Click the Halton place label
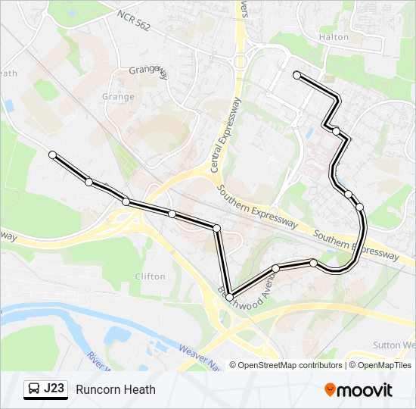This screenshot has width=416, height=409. tap(334, 36)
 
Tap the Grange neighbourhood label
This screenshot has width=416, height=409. tap(118, 97)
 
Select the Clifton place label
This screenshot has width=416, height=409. tap(149, 276)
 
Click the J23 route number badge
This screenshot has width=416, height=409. tap(54, 389)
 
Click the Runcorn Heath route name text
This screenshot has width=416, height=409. tap(116, 389)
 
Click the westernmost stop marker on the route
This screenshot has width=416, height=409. tap(52, 155)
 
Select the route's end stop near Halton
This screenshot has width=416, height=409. tap(296, 75)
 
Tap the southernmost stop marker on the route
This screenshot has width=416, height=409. tap(229, 298)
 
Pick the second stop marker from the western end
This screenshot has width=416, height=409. tap(88, 182)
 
